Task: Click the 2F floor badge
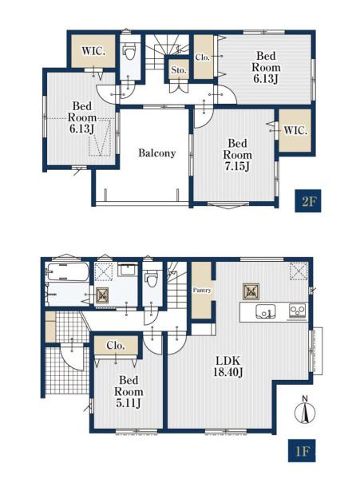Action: coord(308,200)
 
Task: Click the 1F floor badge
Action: coord(302,450)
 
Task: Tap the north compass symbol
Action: coord(305,411)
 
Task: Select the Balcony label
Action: coord(157,152)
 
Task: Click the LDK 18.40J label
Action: coord(228,366)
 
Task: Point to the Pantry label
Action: coord(201,291)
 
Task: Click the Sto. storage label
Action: coord(179,70)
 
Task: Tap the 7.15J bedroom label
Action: coord(238,155)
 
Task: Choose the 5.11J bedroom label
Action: coord(129,392)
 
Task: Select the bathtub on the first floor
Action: coord(68,272)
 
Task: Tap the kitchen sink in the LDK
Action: coord(265,311)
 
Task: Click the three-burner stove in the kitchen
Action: coord(298,311)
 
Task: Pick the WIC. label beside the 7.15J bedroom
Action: coord(295,131)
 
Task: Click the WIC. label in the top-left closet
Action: coord(93,51)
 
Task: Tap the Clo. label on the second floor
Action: coord(203,57)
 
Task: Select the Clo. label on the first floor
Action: coord(116,346)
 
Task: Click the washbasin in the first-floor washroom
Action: coord(128,270)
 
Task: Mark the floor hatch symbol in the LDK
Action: coord(251,291)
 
